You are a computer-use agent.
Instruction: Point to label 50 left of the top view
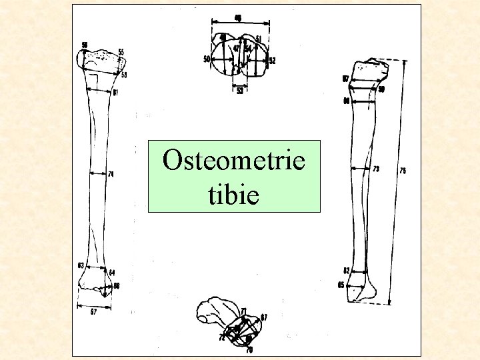coord(207,59)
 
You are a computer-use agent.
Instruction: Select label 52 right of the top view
coord(273,61)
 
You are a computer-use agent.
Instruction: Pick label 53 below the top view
coord(240,91)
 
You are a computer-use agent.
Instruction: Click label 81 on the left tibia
coord(115,93)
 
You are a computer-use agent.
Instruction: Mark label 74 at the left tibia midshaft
coord(111,174)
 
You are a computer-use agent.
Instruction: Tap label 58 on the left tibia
coord(124,75)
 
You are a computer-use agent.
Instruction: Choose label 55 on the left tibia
coord(121,52)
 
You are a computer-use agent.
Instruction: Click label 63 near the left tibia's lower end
coord(81,265)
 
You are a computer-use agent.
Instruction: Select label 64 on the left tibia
coord(112,272)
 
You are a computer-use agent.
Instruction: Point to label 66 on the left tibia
coord(116,285)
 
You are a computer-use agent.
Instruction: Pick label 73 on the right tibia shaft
coord(377,169)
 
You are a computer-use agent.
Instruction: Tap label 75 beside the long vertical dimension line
coord(403,171)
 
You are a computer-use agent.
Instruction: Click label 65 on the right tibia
coord(341,286)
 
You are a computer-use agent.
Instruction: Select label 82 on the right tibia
coord(347,271)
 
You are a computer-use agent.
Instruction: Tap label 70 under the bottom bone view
coord(249,349)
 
